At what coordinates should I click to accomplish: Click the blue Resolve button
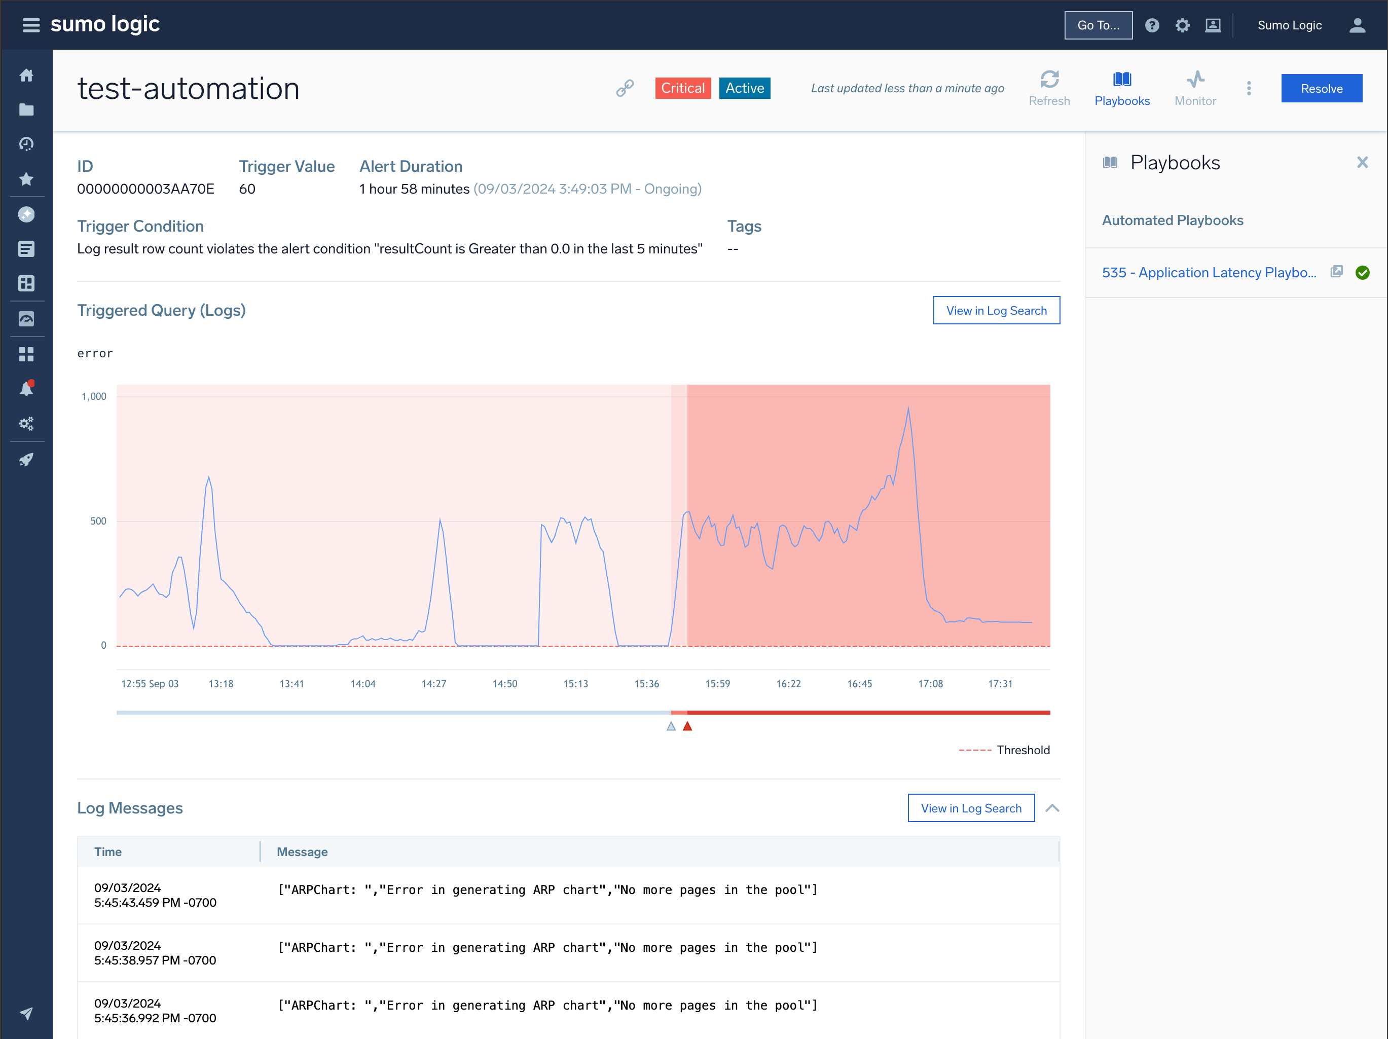[x=1321, y=89]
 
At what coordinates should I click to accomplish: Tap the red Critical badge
[x=683, y=88]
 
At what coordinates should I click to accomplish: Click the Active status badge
[x=744, y=88]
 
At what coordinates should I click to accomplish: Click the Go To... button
[x=1098, y=25]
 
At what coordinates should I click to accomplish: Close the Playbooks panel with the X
[x=1362, y=163]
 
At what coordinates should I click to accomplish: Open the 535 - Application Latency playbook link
[x=1209, y=272]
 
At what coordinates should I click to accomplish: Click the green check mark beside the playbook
[x=1362, y=272]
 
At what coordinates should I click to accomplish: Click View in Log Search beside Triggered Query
[x=996, y=311]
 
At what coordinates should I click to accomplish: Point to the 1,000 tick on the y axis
[x=94, y=396]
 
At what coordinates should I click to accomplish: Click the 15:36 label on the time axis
[x=646, y=683]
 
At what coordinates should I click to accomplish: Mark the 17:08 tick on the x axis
[x=930, y=683]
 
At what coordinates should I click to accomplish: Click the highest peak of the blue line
[x=908, y=409]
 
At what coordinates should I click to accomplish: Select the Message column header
[x=303, y=851]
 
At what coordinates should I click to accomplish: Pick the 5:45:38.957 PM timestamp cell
[x=155, y=952]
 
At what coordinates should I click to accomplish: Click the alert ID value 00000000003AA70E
[x=145, y=189]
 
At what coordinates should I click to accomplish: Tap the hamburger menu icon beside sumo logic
[x=31, y=25]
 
